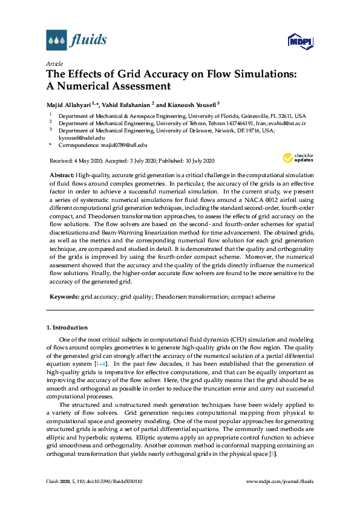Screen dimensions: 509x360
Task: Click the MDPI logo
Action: pyautogui.click(x=300, y=41)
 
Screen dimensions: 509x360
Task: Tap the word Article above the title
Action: pyautogui.click(x=54, y=63)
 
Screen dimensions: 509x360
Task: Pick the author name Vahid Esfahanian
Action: pyautogui.click(x=125, y=103)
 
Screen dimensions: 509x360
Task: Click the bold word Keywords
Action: pyautogui.click(x=64, y=297)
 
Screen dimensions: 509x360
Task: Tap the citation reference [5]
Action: pyautogui.click(x=273, y=453)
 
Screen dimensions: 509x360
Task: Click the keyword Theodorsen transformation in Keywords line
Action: pyautogui.click(x=190, y=297)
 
